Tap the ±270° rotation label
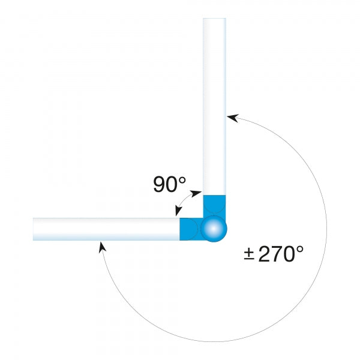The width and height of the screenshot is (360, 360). click(x=274, y=254)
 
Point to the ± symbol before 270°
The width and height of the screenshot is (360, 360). click(x=250, y=254)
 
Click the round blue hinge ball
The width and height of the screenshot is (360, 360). click(x=214, y=229)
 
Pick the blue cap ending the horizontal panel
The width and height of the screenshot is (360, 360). click(x=190, y=229)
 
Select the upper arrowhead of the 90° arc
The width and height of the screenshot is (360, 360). click(x=198, y=193)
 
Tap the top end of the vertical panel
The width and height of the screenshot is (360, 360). click(x=214, y=21)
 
